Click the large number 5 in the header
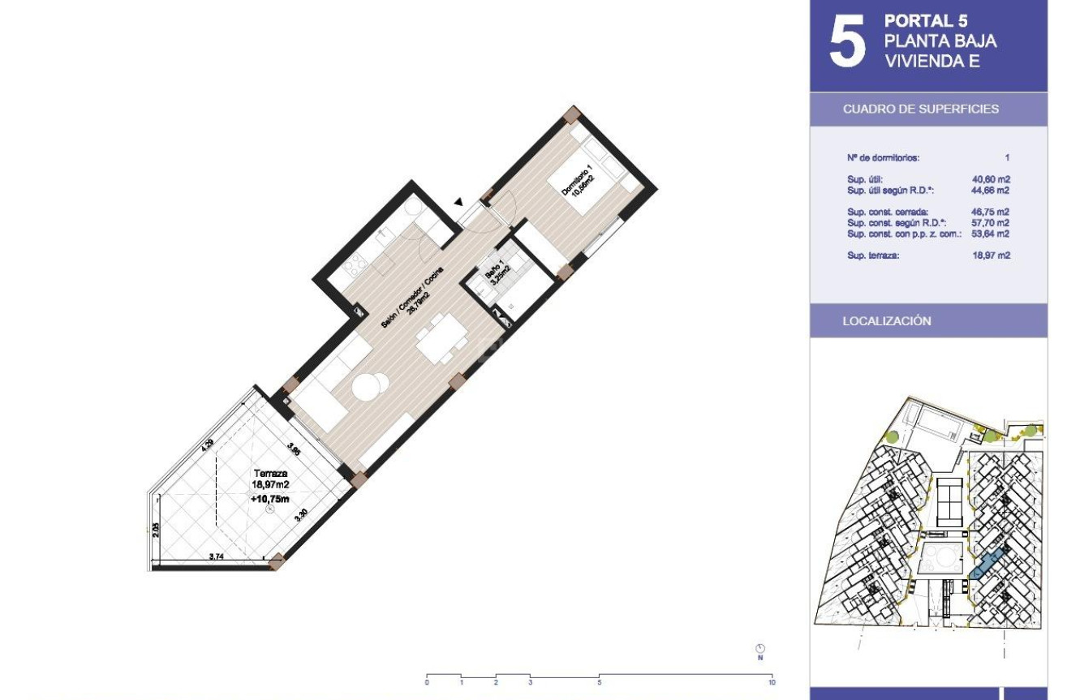point(847,44)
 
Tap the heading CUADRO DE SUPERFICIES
point(921,109)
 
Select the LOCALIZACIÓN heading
point(887,321)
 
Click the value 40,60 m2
point(991,180)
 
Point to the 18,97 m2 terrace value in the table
point(991,256)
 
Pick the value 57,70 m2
point(991,223)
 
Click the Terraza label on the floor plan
point(270,474)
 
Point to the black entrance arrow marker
point(459,202)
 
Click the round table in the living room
point(370,388)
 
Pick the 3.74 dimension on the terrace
point(217,556)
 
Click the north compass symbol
point(760,650)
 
